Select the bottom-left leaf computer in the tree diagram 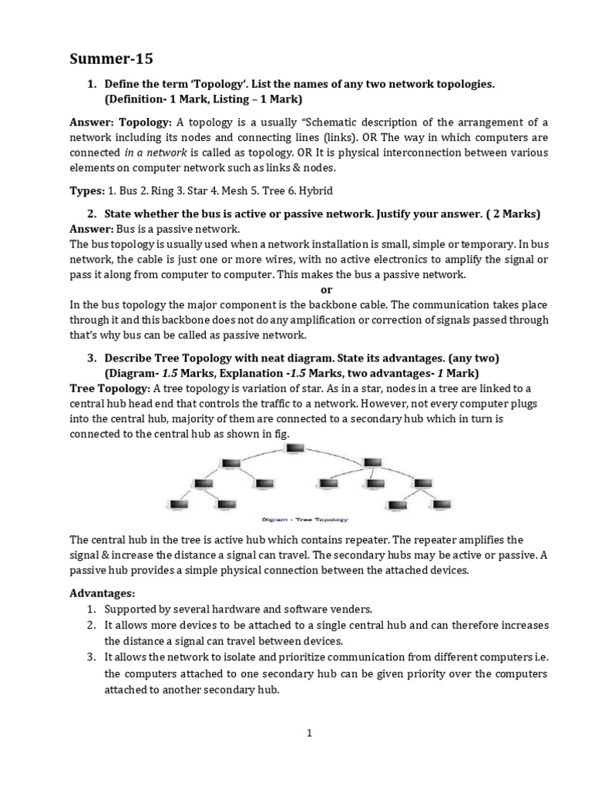(178, 505)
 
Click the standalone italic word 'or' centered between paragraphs (325, 289)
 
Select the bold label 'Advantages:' (102, 594)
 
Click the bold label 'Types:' (87, 190)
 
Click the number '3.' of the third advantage (91, 657)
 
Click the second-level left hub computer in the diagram (230, 463)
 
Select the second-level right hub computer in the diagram (372, 463)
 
